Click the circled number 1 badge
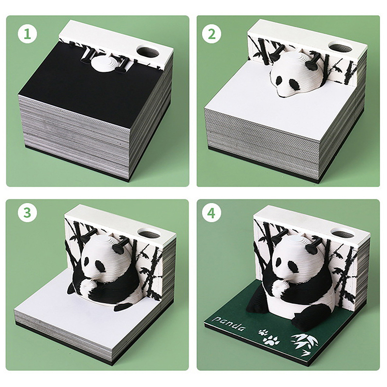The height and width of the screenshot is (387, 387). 28,34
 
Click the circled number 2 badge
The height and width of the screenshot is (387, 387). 211,34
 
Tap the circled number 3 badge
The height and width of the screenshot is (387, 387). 28,213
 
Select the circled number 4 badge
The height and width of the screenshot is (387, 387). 211,213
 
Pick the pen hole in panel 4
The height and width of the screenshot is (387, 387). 342,232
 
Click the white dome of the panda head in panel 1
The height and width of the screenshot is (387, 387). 104,63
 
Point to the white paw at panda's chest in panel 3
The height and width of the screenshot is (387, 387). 87,286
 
